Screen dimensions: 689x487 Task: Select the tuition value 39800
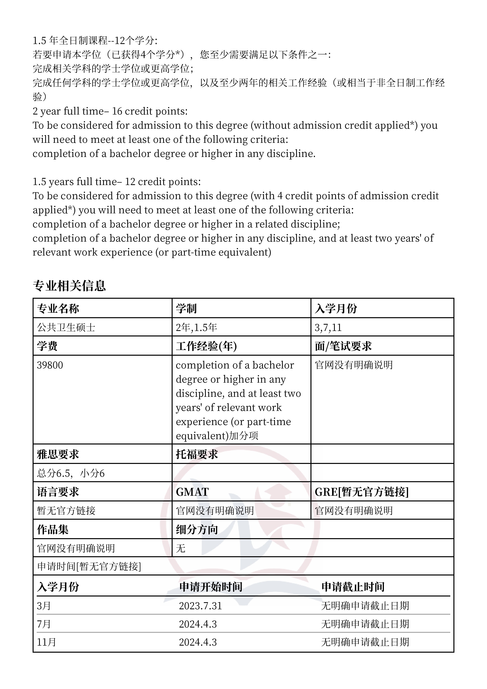pyautogui.click(x=50, y=365)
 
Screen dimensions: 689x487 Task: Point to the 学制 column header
pyautogui.click(x=186, y=309)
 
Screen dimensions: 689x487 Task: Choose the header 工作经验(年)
pyautogui.click(x=206, y=346)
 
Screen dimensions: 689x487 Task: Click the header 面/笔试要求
pyautogui.click(x=343, y=346)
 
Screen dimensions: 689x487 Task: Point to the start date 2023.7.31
pyautogui.click(x=200, y=606)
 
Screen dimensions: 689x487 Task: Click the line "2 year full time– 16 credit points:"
pyautogui.click(x=110, y=111)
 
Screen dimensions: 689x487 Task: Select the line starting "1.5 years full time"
pyautogui.click(x=117, y=182)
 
